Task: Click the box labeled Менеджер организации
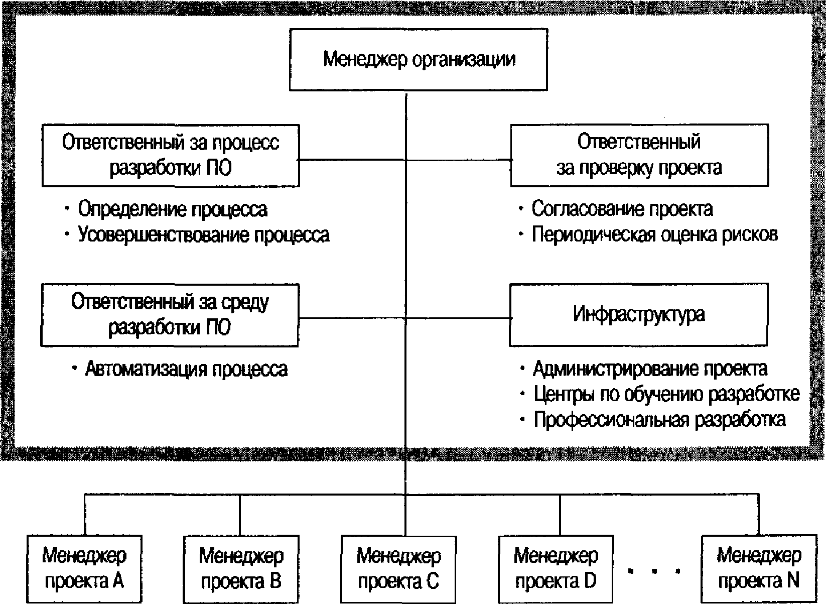coord(418,59)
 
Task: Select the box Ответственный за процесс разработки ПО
coord(170,155)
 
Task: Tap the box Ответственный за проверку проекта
coord(639,155)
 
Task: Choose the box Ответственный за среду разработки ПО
coord(170,315)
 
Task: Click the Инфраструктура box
coord(639,314)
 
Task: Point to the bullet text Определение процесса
coord(173,209)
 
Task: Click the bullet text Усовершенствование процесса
coord(204,234)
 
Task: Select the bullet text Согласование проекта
coord(622,209)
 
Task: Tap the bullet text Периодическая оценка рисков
coord(654,234)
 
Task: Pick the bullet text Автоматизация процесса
coord(186,369)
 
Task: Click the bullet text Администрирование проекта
coord(650,368)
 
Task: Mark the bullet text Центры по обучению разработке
coord(667,394)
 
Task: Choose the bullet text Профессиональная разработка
coord(660,420)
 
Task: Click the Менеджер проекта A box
coord(84,569)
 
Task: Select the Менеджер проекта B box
coord(241,569)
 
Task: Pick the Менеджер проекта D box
coord(556,569)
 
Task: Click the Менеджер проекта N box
coord(759,569)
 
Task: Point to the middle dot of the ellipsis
coord(654,571)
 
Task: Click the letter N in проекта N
coord(793,581)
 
